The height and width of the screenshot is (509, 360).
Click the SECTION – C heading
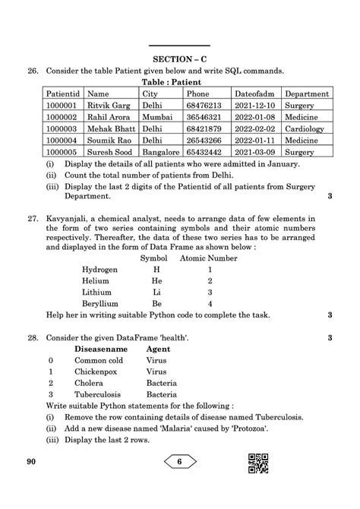point(180,58)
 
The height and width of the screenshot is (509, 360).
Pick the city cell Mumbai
point(159,117)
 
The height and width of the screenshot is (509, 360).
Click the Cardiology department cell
point(307,128)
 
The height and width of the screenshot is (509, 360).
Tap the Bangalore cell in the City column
point(162,151)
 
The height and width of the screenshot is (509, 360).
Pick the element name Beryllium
point(101,303)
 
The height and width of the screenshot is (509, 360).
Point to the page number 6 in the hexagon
point(180,460)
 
